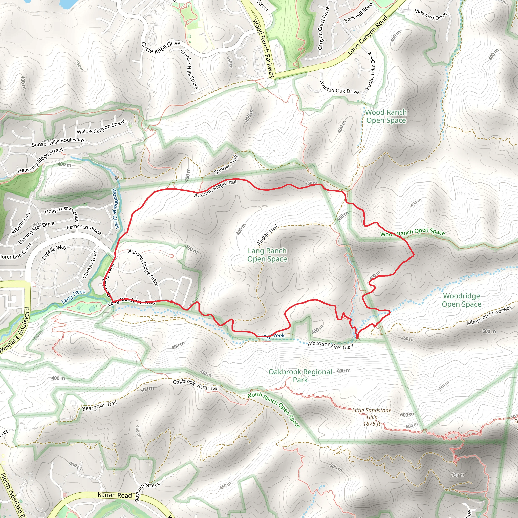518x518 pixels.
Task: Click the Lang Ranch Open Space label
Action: (267, 255)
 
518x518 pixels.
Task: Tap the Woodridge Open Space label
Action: (461, 300)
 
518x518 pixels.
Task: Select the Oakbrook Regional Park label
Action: (300, 376)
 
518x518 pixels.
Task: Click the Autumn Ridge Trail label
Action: (215, 189)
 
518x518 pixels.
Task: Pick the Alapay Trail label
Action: (267, 235)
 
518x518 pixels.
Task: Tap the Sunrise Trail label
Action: (226, 165)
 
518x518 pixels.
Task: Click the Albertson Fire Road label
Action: (330, 345)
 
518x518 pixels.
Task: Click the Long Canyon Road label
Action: (368, 35)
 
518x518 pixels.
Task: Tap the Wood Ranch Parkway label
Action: (264, 48)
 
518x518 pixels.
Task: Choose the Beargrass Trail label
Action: (99, 406)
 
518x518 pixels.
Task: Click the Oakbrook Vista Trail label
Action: (196, 385)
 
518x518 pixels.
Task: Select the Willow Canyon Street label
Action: (101, 127)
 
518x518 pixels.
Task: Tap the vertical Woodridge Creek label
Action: (116, 208)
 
